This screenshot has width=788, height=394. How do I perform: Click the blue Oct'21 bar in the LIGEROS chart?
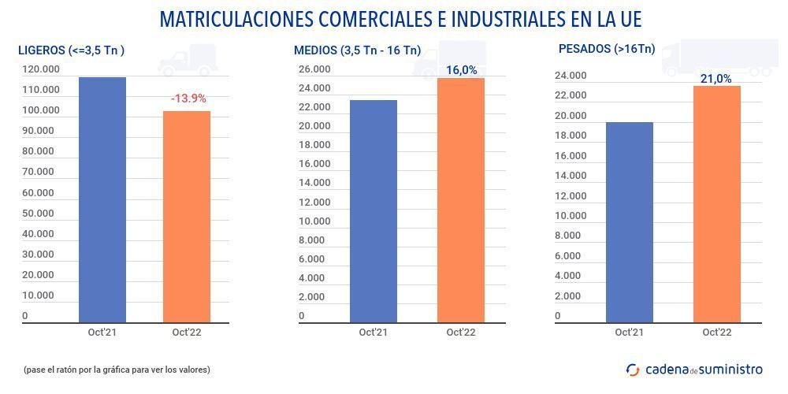(102, 200)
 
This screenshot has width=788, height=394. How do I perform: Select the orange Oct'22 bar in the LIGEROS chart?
(187, 217)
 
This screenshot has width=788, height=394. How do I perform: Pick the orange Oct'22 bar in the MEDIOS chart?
(461, 200)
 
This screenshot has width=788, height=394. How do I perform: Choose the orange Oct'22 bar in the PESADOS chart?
(716, 204)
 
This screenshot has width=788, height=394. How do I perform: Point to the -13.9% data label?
(188, 98)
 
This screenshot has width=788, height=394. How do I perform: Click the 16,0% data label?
(462, 70)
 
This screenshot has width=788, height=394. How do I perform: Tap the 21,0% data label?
(716, 79)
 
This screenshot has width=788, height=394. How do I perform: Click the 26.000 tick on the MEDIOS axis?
(314, 69)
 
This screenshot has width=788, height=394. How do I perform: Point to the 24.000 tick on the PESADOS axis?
(571, 76)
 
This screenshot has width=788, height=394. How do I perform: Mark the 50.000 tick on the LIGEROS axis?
(39, 214)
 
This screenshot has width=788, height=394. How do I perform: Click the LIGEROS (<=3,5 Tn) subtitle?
(72, 50)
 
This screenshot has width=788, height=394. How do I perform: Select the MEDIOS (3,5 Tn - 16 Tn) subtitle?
(357, 50)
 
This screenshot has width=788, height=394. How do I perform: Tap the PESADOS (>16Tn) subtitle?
(606, 49)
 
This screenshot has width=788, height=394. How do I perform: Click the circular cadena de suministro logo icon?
(633, 369)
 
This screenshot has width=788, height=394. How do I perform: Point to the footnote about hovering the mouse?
(117, 369)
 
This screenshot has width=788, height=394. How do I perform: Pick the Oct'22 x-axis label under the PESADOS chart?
(716, 333)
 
